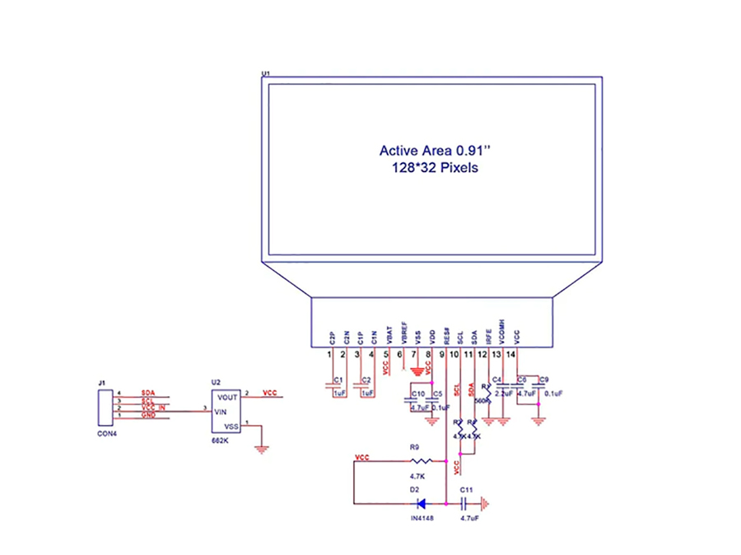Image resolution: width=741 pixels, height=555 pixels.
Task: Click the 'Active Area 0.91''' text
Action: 435,151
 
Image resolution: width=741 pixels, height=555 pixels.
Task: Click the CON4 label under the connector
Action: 107,433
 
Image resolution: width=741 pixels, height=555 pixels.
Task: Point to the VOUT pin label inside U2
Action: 228,397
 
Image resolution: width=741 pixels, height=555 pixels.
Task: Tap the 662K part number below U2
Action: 221,442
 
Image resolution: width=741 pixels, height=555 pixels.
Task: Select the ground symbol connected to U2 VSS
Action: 262,450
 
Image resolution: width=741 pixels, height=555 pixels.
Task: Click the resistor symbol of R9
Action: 420,461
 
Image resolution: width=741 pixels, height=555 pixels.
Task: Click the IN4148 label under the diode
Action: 422,518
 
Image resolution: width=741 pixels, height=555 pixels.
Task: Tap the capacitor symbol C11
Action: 466,503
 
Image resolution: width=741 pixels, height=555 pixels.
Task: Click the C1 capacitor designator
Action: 338,380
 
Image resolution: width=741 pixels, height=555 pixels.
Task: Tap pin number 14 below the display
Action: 511,354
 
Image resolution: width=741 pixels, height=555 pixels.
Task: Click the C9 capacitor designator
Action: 544,380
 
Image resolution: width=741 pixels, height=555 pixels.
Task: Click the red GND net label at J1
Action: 148,415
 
